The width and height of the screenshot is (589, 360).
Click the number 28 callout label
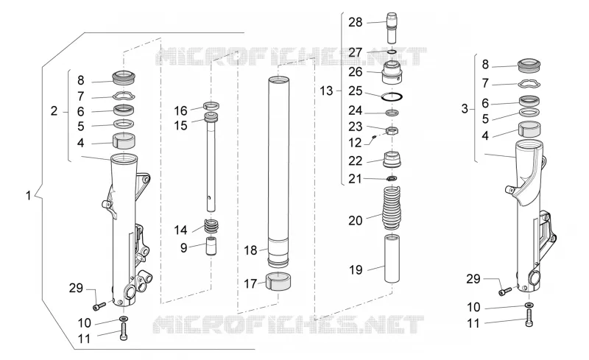[x=355, y=23]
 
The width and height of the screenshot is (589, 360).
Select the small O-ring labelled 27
[x=392, y=52]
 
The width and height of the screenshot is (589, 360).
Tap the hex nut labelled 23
[x=392, y=131]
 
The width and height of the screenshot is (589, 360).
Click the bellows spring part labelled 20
[x=392, y=208]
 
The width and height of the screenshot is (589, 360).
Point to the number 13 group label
[x=326, y=91]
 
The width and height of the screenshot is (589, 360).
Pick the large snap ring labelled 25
[x=392, y=96]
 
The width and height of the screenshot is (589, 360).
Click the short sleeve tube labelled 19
[x=392, y=258]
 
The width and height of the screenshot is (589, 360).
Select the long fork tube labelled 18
[x=278, y=171]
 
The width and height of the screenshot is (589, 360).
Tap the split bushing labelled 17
[x=279, y=281]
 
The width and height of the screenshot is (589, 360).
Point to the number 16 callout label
[x=180, y=111]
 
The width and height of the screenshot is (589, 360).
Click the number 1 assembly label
[x=28, y=196]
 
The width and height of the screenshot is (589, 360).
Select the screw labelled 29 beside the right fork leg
[x=505, y=291]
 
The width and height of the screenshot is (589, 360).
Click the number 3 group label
[x=465, y=109]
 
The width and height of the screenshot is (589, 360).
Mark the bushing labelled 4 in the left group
[x=124, y=141]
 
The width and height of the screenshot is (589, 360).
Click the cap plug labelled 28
[x=392, y=28]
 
